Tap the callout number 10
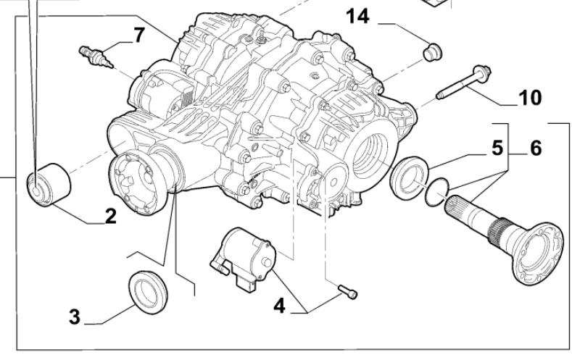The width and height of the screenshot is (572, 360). [530, 98]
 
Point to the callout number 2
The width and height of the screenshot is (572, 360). [110, 216]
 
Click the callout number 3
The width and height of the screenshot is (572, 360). [75, 318]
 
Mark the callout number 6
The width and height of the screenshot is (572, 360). [535, 148]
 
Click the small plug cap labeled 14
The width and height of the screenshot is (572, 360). [433, 51]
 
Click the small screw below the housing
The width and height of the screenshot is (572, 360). [347, 292]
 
